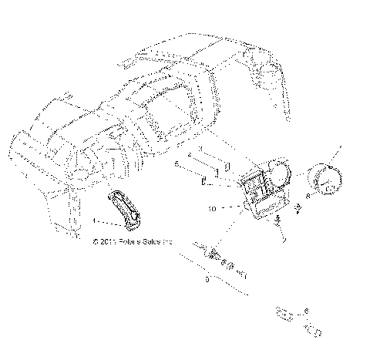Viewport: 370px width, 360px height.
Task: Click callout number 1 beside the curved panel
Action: (95, 220)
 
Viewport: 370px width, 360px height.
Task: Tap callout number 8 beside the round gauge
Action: (308, 197)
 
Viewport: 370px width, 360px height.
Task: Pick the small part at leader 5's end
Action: (203, 183)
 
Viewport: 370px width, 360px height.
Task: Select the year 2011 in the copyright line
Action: (107, 241)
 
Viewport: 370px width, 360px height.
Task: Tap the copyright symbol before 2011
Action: (95, 241)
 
